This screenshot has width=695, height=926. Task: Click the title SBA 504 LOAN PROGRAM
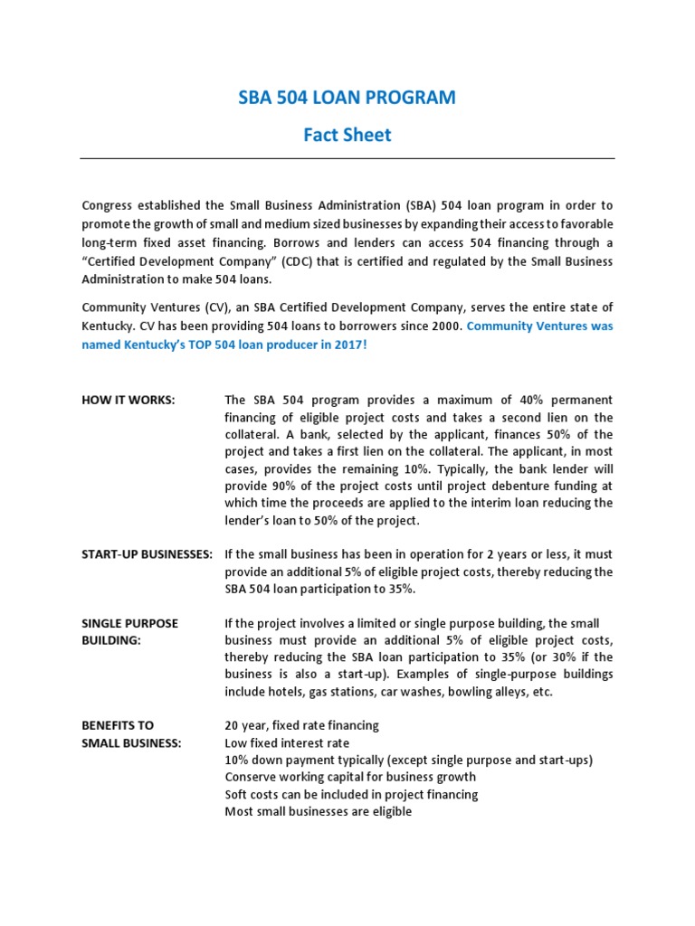347,98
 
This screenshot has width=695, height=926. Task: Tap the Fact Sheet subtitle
347,135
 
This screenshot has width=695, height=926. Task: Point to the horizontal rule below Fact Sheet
347,158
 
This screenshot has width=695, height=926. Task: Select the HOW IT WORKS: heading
129,400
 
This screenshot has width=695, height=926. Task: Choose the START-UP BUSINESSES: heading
147,553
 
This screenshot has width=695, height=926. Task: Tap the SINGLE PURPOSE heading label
130,623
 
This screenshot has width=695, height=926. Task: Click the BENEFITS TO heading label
118,725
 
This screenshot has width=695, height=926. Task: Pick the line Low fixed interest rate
287,742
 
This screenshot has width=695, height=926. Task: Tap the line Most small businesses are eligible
318,811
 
